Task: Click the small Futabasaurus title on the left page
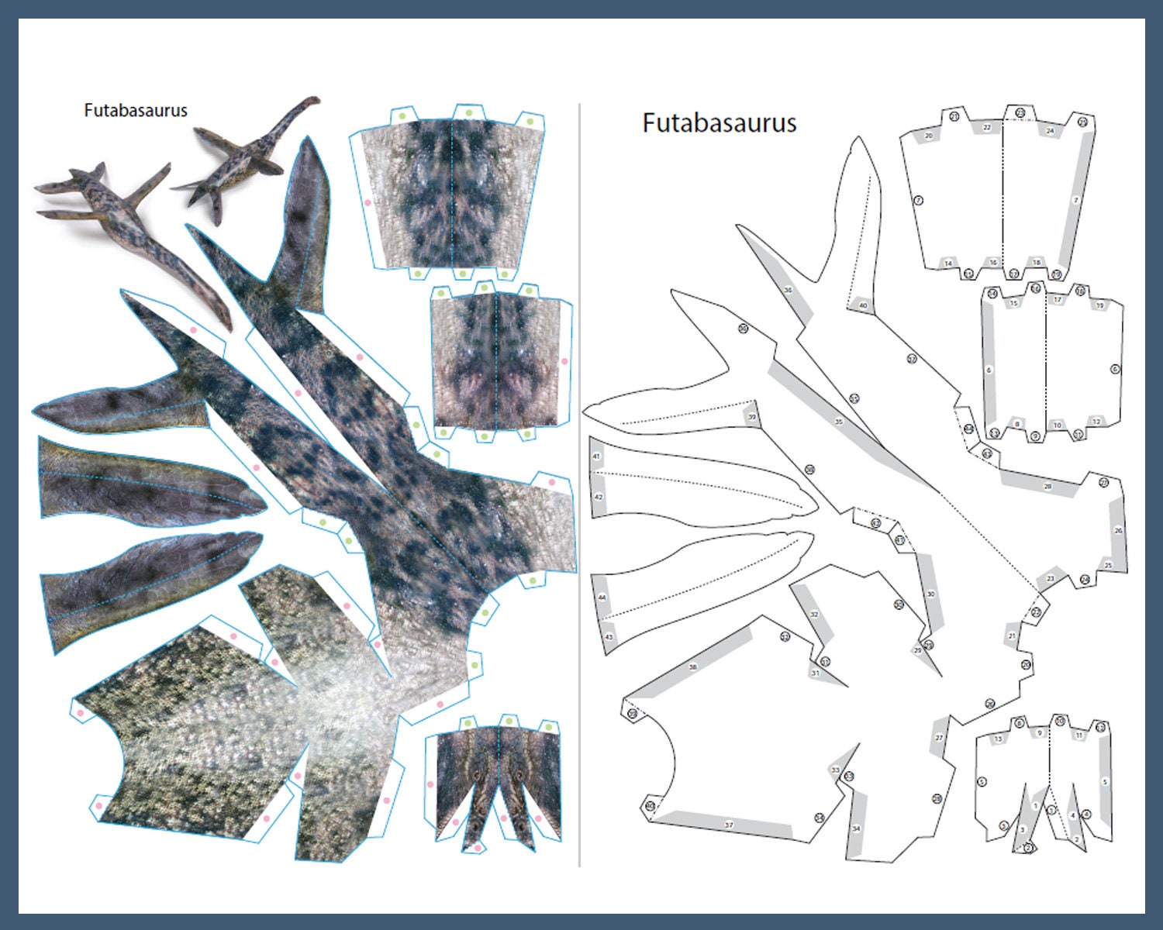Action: (136, 110)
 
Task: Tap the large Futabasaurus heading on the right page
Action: (719, 123)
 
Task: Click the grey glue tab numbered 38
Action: (692, 666)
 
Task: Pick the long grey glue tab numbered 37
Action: (728, 825)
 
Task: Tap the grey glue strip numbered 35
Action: (838, 422)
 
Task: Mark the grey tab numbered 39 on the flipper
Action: (751, 417)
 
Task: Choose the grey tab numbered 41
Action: (596, 456)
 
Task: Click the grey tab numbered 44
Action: (602, 598)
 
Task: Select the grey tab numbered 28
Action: (1047, 486)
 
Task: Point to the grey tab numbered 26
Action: (1117, 531)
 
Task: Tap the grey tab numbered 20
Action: (929, 136)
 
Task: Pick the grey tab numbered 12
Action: (1096, 422)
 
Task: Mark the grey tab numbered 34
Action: (856, 828)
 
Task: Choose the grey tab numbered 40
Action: (862, 305)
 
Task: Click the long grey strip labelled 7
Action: (1075, 200)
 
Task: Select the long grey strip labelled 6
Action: (989, 370)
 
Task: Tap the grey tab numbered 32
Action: (813, 614)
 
